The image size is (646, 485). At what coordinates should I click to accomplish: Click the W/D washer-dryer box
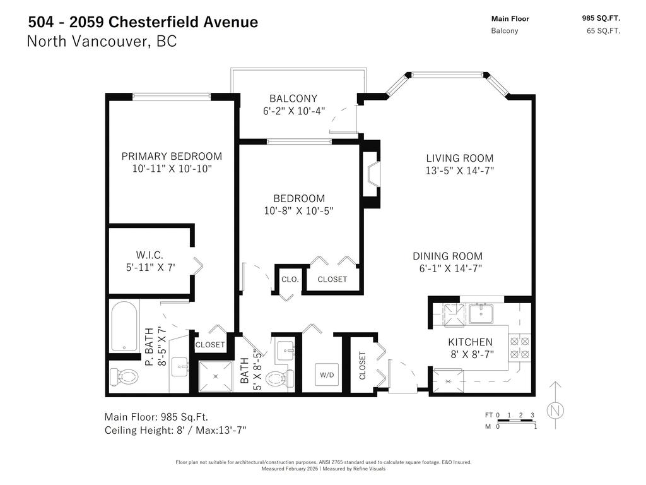point(327,374)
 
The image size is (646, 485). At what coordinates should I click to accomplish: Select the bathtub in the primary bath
point(124,326)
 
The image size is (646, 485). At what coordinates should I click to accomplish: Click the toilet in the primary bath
point(124,377)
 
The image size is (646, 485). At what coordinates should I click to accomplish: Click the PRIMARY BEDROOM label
point(172,156)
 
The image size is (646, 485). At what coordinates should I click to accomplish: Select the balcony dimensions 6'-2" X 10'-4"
point(293,111)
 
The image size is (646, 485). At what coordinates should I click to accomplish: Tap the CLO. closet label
point(290,279)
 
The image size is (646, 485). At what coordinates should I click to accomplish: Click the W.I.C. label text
point(150,255)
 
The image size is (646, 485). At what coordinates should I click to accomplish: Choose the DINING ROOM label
point(447,256)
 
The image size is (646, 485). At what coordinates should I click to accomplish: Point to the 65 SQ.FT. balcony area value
point(603,31)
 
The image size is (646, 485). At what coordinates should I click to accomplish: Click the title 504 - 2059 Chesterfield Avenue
point(143,22)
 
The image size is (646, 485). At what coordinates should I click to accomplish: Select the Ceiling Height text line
point(175,430)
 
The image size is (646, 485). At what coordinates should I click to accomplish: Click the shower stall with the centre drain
point(216,376)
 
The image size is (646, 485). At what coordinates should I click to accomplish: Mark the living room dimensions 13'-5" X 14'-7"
point(459,171)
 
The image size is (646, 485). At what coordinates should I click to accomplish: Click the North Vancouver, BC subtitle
point(102,42)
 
